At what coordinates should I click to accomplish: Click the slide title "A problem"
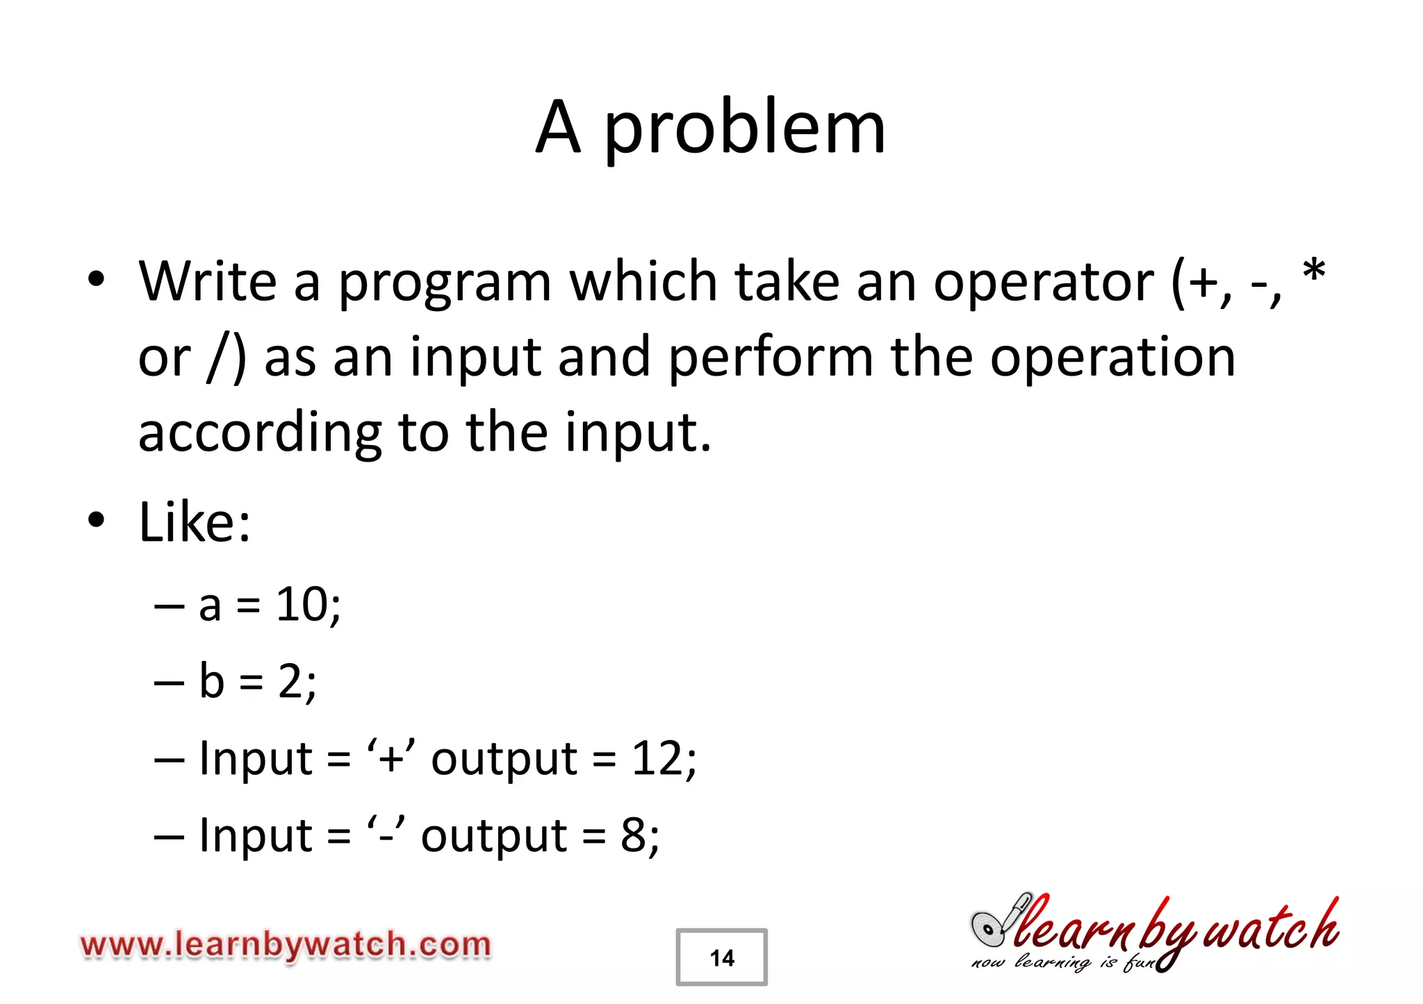tap(710, 128)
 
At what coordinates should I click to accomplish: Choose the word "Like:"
tap(195, 522)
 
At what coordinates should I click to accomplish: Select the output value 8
tap(633, 835)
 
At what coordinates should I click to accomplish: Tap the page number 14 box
tap(721, 957)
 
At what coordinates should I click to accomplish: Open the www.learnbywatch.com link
tap(286, 946)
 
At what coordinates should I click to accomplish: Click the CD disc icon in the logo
tap(987, 928)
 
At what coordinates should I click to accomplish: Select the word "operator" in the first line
tap(1043, 283)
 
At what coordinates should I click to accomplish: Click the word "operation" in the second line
tap(1112, 358)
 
